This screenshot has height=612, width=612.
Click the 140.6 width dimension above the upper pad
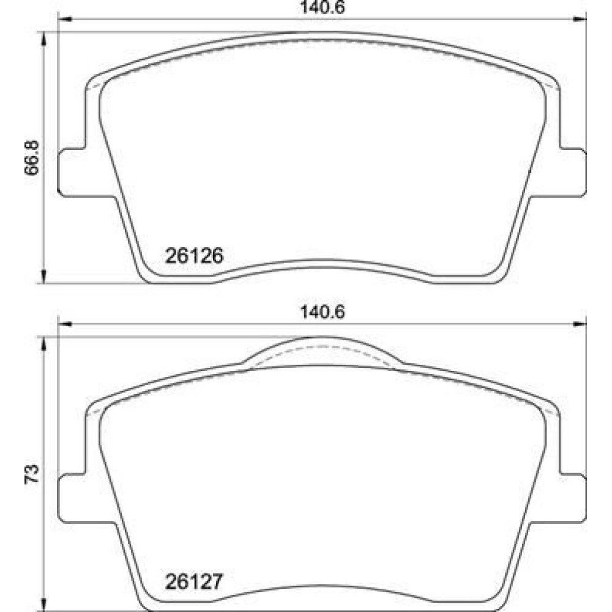pyautogui.click(x=323, y=7)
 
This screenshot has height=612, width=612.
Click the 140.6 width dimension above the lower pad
pyautogui.click(x=323, y=312)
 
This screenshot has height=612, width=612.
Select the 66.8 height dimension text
pyautogui.click(x=32, y=157)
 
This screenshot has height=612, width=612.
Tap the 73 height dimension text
pyautogui.click(x=32, y=474)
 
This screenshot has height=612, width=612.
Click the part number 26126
pyautogui.click(x=195, y=256)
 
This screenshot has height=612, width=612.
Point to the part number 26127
pyautogui.click(x=195, y=581)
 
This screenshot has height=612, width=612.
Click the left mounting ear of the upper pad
pyautogui.click(x=72, y=172)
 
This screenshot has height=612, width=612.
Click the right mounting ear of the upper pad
pyautogui.click(x=573, y=172)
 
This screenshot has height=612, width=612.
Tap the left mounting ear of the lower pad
pyautogui.click(x=72, y=498)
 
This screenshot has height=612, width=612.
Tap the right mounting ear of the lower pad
pyautogui.click(x=573, y=498)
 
